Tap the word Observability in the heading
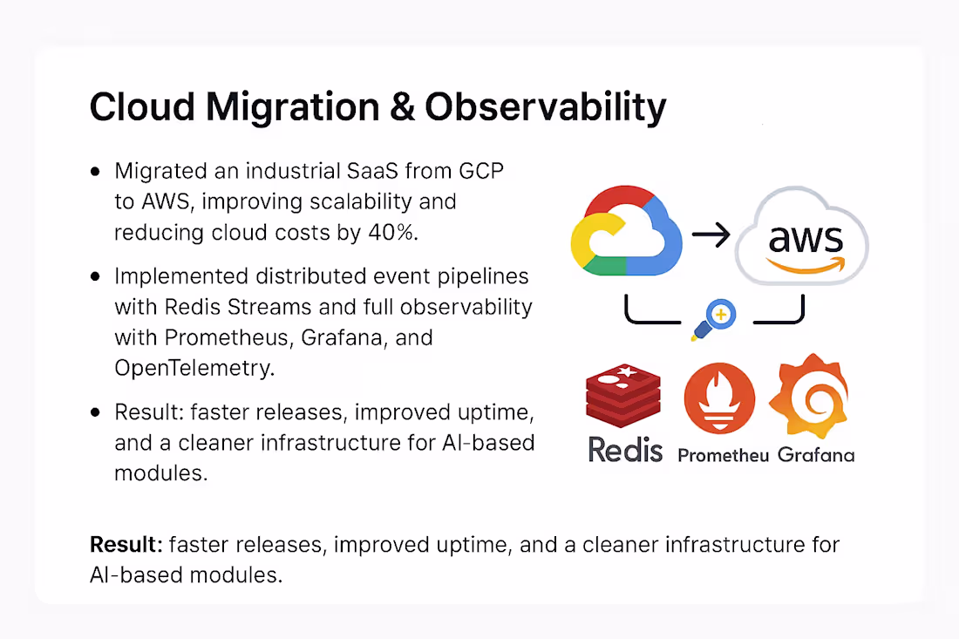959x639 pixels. (x=545, y=108)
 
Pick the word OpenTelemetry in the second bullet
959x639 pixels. (x=194, y=368)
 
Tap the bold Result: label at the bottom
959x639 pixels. (x=126, y=546)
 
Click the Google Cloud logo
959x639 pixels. (x=626, y=231)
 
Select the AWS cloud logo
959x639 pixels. (x=801, y=238)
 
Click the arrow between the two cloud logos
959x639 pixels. (x=711, y=235)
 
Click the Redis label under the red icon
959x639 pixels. (x=625, y=450)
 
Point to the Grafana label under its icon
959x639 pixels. (x=816, y=454)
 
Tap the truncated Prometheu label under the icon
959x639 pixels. (x=723, y=455)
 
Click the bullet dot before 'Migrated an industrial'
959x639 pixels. (x=95, y=173)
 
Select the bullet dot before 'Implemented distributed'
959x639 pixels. (x=95, y=276)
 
